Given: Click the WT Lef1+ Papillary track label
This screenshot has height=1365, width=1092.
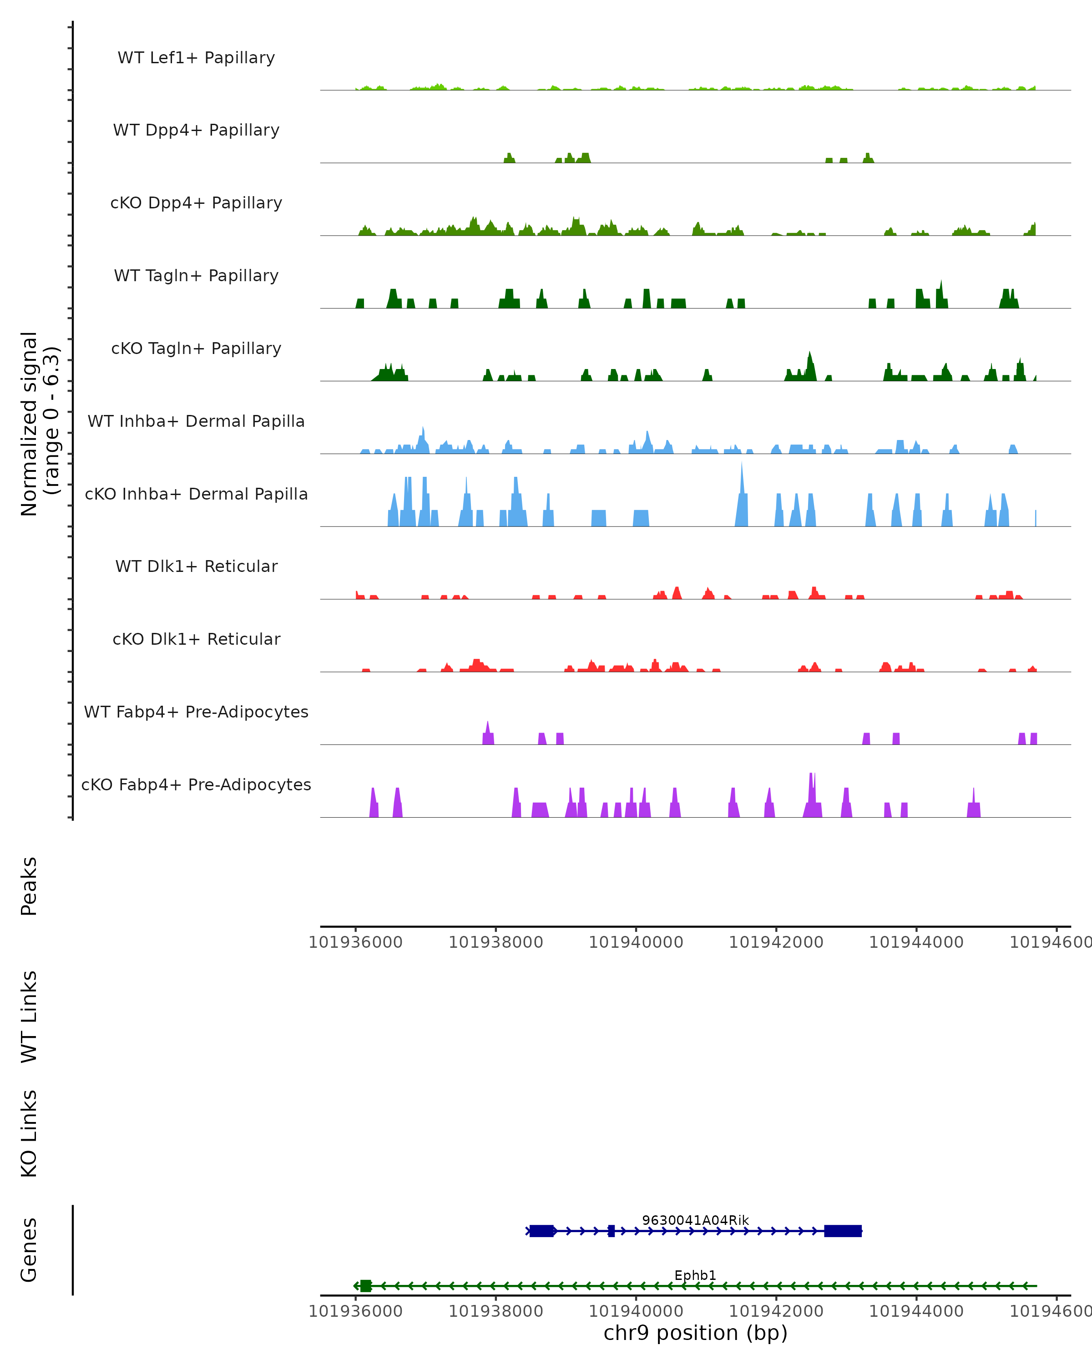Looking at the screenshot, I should [196, 58].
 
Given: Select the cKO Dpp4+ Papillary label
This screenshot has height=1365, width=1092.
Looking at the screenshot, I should [196, 203].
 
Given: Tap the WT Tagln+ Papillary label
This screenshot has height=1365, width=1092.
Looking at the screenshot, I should [196, 276].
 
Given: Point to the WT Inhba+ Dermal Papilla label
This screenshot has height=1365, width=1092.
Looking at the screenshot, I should [196, 422].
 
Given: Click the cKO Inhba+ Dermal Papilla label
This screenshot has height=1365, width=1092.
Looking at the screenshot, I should [196, 495].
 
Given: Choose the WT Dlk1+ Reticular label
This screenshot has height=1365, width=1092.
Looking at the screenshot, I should [196, 566].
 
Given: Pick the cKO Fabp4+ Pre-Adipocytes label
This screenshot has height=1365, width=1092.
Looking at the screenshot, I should [196, 785].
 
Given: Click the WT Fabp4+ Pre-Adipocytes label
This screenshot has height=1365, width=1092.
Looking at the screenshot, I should [196, 712].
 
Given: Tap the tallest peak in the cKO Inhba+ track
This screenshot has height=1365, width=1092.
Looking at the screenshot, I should [742, 469].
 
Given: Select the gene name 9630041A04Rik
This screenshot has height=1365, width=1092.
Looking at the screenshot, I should [695, 1221].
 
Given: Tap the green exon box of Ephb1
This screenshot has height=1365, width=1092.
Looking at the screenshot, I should [366, 1286].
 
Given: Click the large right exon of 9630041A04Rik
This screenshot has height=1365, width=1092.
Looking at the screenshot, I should [843, 1231].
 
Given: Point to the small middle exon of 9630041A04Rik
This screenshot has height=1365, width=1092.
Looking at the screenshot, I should [611, 1231].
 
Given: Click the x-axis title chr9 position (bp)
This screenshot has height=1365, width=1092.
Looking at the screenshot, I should [695, 1333].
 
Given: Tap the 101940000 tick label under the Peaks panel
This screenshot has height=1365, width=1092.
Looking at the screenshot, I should [636, 942].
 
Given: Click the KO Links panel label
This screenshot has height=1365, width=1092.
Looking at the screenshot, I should [29, 1133].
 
